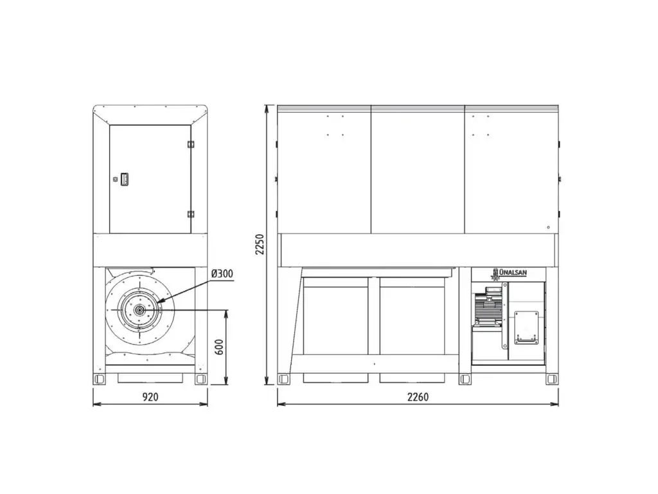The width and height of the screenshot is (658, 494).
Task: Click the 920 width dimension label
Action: (x=150, y=397)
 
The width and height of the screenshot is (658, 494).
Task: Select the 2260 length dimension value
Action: (x=418, y=397)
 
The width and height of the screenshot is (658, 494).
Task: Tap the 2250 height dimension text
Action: (x=260, y=244)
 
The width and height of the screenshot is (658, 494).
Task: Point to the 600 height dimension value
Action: (x=219, y=347)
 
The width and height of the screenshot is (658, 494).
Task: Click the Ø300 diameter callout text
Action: (x=222, y=274)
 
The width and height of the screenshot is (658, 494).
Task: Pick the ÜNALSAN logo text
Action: (x=513, y=273)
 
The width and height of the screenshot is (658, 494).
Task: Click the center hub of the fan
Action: (x=139, y=311)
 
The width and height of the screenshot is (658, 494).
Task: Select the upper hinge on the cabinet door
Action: (x=190, y=144)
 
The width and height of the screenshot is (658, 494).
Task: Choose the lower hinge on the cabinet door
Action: (x=190, y=214)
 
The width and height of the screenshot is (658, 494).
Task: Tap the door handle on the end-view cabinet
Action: (x=124, y=179)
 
